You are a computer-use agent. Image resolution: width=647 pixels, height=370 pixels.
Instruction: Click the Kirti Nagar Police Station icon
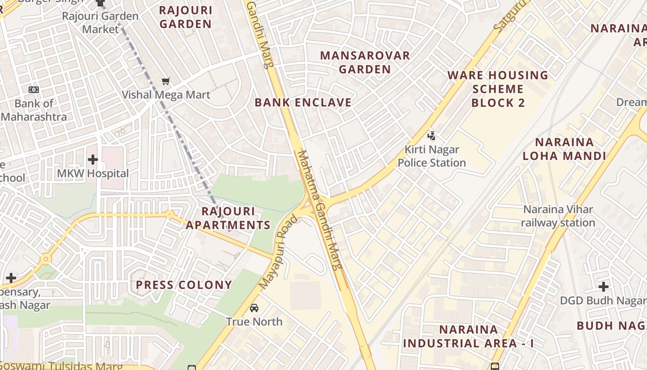click(431, 136)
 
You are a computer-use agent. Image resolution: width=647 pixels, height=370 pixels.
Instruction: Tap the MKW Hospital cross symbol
click(92, 160)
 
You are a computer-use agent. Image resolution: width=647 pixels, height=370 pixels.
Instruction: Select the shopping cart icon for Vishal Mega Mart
click(166, 81)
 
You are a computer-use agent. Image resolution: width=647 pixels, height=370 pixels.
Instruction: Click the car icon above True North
click(254, 308)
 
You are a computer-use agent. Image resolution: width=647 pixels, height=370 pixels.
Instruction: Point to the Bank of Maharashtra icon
click(33, 90)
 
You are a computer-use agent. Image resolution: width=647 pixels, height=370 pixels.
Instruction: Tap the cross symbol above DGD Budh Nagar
click(603, 287)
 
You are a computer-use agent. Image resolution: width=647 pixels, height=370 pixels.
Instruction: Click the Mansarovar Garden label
click(365, 62)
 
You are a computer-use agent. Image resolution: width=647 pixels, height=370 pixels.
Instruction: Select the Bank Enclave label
click(303, 103)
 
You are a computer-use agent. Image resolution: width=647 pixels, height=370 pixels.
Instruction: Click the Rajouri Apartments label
click(228, 218)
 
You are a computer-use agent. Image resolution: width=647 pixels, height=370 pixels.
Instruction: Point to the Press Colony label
click(184, 285)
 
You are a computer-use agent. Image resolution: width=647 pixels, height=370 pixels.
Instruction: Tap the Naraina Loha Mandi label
click(564, 149)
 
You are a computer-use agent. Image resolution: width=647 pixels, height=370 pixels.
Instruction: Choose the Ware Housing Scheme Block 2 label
click(498, 89)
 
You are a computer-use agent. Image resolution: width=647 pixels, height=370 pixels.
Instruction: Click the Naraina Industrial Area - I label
click(468, 337)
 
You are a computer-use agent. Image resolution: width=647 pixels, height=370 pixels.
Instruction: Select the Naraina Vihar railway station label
click(558, 216)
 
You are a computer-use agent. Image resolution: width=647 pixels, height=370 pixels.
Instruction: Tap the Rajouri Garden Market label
click(100, 23)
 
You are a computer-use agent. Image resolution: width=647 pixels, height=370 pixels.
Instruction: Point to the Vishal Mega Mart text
click(166, 95)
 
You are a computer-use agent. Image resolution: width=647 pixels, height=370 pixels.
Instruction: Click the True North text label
click(254, 321)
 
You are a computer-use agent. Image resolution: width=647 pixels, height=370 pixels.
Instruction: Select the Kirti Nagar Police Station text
click(432, 156)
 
